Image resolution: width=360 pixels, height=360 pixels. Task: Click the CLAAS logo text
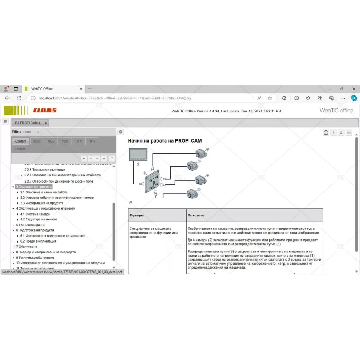45,110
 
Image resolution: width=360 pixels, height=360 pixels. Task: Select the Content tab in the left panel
21,141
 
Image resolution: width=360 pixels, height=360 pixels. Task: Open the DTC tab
79,141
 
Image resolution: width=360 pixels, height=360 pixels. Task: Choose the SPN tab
92,141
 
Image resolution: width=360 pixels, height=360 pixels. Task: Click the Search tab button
20,149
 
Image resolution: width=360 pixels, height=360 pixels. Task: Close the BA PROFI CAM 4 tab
46,123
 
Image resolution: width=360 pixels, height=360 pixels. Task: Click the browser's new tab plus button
90,89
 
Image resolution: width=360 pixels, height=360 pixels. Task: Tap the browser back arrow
8,98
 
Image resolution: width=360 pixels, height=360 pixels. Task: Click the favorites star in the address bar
270,98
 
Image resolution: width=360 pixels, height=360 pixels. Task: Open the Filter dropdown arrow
38,132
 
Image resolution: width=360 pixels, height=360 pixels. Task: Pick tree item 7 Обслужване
27,247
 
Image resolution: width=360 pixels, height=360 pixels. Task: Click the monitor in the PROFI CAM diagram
136,155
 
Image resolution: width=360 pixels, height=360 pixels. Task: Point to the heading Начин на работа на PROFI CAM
165,141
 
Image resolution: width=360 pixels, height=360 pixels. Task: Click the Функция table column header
137,216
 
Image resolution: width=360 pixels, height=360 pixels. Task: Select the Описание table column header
196,216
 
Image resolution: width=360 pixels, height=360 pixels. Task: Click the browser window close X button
354,89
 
